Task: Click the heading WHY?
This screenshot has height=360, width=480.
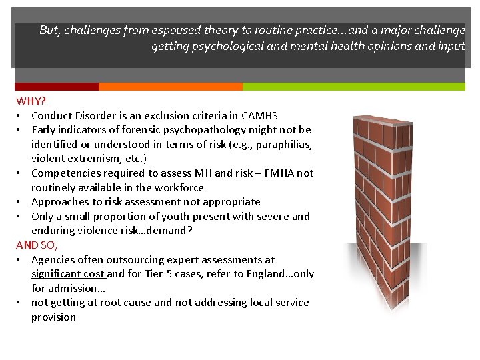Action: click(x=31, y=101)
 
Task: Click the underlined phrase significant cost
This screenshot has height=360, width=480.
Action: click(x=67, y=274)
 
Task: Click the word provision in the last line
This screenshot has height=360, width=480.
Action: click(x=53, y=317)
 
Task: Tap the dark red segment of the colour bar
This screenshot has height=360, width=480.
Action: click(x=57, y=87)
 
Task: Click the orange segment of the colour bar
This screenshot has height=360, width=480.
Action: click(x=170, y=87)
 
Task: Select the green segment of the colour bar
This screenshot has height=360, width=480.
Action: click(x=353, y=87)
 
